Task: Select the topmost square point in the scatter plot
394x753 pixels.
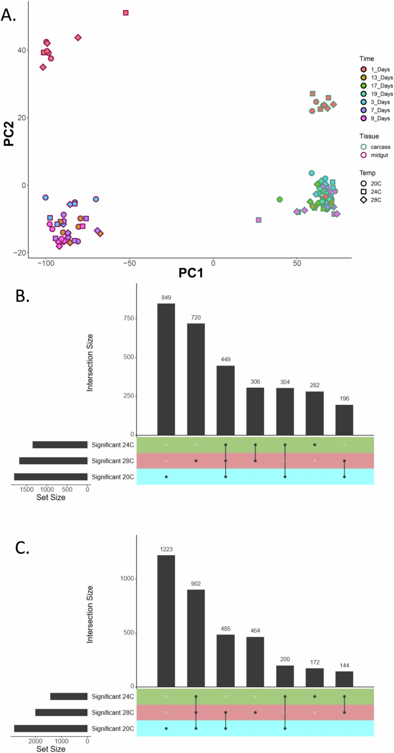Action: point(125,13)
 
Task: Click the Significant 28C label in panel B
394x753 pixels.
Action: point(113,461)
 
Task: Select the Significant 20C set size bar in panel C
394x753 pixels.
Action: point(51,728)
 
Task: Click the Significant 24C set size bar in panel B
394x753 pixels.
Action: point(60,445)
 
